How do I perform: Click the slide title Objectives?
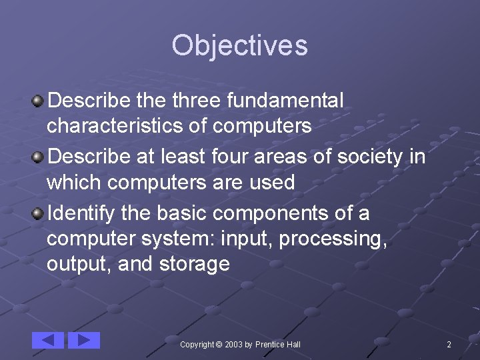239,45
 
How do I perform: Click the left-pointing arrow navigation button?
48,340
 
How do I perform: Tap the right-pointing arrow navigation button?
84,340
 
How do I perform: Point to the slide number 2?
449,345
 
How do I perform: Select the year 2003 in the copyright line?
233,345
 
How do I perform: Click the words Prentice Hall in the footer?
278,345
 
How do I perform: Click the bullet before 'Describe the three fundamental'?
39,101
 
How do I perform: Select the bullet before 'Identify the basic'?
39,214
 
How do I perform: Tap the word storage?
195,265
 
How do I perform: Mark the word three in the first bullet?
197,101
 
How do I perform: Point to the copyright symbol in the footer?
219,345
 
